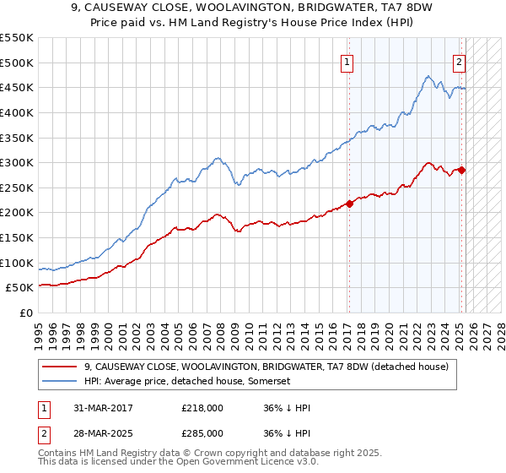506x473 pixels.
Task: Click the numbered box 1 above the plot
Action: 347,61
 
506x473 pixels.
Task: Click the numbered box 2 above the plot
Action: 460,61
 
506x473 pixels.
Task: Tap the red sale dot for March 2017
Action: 349,204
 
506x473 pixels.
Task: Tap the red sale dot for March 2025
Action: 461,170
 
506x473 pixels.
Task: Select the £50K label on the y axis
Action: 20,288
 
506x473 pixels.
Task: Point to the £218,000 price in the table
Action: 202,408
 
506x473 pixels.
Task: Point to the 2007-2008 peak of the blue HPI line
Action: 218,157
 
